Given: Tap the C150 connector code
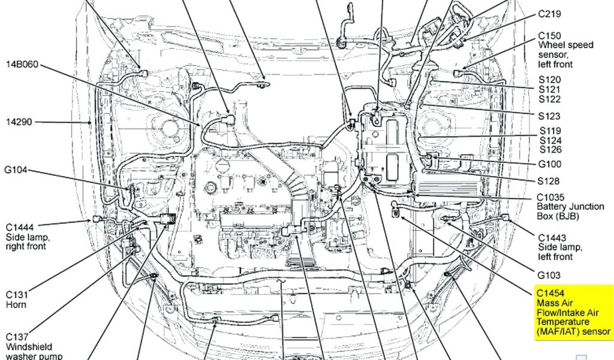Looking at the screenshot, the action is (x=550, y=35).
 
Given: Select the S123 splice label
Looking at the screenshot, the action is (x=550, y=116).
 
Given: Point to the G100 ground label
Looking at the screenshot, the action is (x=550, y=164).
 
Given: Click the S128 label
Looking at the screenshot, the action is (x=549, y=181).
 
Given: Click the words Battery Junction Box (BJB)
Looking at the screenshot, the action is (x=570, y=211).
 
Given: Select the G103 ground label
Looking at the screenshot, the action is (x=549, y=275).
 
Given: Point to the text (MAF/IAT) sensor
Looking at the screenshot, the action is (x=573, y=331).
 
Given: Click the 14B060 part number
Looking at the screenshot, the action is (x=23, y=64).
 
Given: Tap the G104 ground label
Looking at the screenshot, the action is (x=17, y=170).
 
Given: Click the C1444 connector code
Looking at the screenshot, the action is (x=20, y=227).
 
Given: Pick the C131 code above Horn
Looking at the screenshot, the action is (x=17, y=295).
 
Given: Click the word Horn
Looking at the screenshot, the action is (x=16, y=305).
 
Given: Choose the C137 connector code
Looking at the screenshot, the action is (x=17, y=337).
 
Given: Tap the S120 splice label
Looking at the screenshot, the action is (x=550, y=80).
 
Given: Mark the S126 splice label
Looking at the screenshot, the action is (x=550, y=149).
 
